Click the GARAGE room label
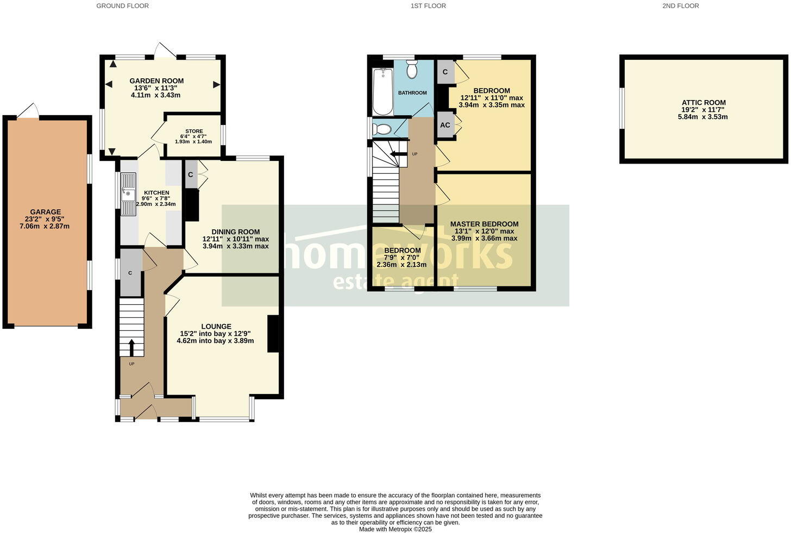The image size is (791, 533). tap(46, 212)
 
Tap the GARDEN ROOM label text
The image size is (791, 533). tap(156, 81)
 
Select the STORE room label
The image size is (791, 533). tap(194, 131)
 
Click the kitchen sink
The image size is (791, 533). tap(129, 194)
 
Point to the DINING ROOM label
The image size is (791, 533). tap(235, 231)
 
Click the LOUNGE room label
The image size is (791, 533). tap(216, 327)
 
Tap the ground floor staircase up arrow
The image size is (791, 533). tap(131, 347)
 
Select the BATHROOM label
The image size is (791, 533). tap(412, 93)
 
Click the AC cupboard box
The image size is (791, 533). tap(445, 125)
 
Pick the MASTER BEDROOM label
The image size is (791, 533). tap(484, 224)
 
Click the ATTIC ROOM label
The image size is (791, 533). tap(704, 103)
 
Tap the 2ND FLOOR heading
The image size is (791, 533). tap(680, 6)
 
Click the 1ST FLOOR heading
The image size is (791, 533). tap(428, 6)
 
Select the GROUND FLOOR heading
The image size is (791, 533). tap(122, 6)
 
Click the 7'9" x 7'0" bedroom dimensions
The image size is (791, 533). tap(402, 258)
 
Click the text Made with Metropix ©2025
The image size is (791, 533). tap(395, 529)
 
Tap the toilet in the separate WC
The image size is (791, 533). tap(382, 129)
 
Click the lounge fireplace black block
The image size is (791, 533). tap(273, 334)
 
